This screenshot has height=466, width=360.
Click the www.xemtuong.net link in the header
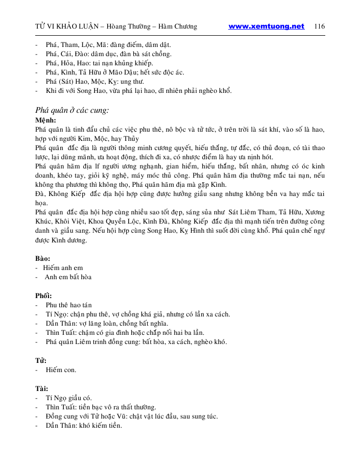coord(266,27)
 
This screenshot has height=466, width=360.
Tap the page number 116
coord(320,27)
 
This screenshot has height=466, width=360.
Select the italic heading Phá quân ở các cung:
coord(72,110)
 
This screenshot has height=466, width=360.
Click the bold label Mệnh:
coord(45,120)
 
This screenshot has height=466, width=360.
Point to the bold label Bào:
coord(42,259)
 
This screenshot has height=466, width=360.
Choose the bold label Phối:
coord(43,296)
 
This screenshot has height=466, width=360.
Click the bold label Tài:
coord(41,388)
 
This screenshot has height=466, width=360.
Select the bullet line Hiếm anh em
coord(63,268)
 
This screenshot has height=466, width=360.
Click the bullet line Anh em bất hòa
coord(68,277)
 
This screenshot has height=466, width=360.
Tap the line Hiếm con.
coord(61,370)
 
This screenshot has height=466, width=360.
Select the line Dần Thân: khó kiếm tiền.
coord(84,426)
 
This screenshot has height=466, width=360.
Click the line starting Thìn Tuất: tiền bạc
coord(101,407)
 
